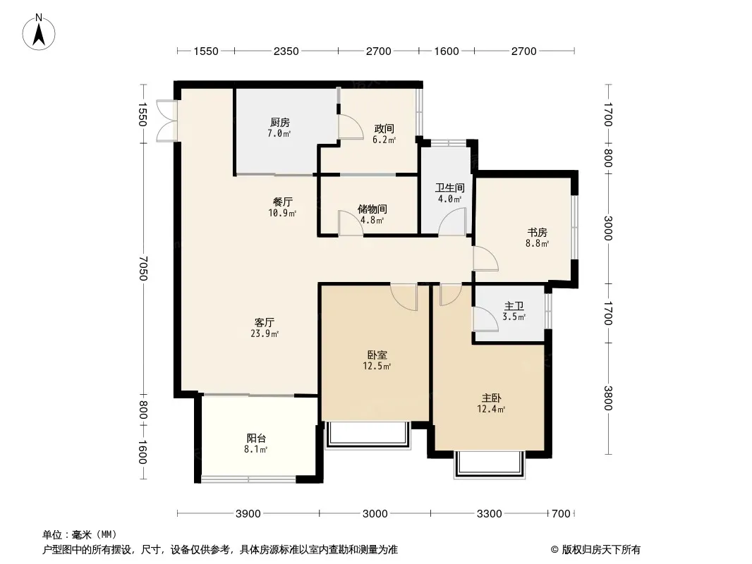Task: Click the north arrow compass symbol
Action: point(39,32)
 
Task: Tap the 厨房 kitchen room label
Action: point(279,122)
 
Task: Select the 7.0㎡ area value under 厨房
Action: point(279,134)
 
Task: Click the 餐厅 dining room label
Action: point(282,202)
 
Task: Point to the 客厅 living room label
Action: point(265,322)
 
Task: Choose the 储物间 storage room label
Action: point(372,209)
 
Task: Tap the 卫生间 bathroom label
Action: point(450,188)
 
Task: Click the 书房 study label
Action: point(537,233)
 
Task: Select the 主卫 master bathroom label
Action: point(514,306)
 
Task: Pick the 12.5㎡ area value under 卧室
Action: point(377,367)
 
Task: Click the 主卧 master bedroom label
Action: point(491,398)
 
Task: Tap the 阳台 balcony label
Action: point(256,438)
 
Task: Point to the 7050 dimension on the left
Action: point(142,269)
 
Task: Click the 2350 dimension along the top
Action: point(286,51)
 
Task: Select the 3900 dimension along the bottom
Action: point(248,514)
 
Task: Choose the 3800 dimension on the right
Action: point(608,398)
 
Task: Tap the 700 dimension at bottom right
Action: point(561,514)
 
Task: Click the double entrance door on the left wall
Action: point(167,121)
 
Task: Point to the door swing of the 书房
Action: point(485,259)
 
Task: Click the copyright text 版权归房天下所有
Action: point(601,550)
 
